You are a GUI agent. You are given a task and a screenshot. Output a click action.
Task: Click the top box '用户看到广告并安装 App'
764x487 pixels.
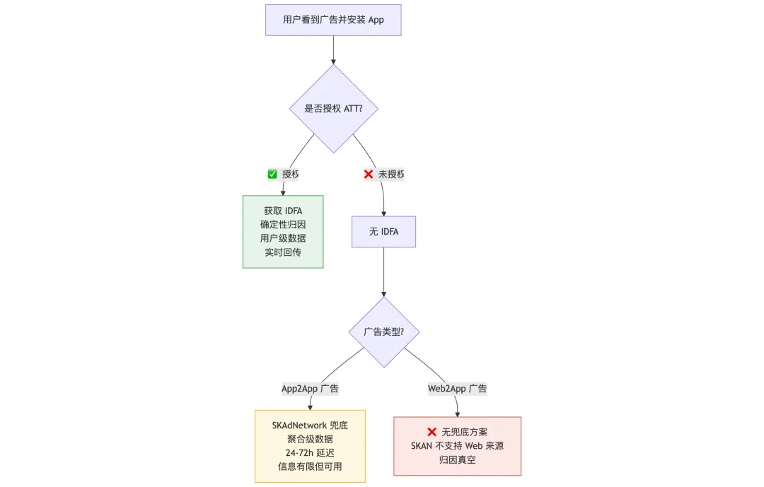click(333, 20)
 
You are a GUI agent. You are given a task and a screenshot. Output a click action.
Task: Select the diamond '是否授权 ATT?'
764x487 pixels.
click(333, 109)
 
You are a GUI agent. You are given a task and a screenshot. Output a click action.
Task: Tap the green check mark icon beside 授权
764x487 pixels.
click(272, 174)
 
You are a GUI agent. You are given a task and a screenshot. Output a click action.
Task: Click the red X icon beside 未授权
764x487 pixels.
click(369, 174)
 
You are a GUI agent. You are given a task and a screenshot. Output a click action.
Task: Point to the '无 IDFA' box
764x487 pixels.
click(383, 232)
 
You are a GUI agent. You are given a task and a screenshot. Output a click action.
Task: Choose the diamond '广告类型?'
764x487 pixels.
click(383, 331)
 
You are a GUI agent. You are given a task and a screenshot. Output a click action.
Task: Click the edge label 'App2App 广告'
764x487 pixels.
click(310, 388)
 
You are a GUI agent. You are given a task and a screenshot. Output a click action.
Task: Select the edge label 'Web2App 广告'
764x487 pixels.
click(457, 388)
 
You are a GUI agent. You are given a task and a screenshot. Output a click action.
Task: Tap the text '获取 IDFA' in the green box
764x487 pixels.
click(283, 211)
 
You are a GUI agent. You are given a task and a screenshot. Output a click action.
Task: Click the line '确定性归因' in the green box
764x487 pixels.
click(283, 225)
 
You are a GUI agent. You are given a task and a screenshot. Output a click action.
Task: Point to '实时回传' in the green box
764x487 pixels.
click(283, 252)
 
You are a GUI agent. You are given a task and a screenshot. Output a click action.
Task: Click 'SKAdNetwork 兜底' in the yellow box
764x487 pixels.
click(310, 426)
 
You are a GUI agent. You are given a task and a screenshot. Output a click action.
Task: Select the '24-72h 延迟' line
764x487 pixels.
click(310, 453)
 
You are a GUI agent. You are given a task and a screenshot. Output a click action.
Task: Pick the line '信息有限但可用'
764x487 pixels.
click(310, 467)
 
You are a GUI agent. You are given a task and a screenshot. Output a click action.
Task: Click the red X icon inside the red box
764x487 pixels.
click(432, 432)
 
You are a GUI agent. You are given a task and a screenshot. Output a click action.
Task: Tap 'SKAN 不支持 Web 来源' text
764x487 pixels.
click(457, 446)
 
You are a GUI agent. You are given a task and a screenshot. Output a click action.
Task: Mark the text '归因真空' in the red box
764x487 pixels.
click(457, 459)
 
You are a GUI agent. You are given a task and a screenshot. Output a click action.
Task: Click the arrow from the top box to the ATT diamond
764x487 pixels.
click(333, 49)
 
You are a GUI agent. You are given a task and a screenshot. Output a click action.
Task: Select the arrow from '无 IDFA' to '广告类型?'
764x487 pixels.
click(383, 272)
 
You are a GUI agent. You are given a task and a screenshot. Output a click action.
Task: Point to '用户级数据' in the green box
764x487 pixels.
click(283, 238)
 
